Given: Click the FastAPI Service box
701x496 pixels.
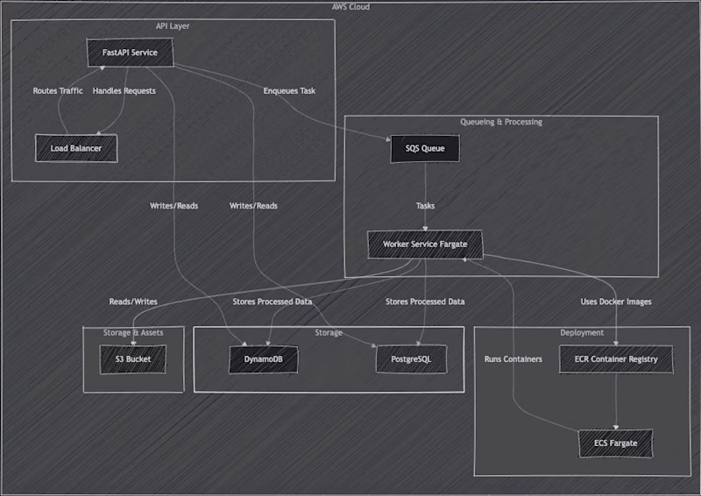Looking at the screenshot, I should [130, 53].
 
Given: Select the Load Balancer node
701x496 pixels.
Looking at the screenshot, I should [76, 148].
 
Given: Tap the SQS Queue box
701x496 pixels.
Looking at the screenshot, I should [425, 148].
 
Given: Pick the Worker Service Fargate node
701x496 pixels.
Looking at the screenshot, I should [425, 244].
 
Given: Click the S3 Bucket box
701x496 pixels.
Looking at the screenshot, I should [133, 358].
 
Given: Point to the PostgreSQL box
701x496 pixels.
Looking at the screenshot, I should [410, 358].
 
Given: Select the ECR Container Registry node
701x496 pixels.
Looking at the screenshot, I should [616, 358].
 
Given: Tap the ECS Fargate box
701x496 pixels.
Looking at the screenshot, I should [616, 443].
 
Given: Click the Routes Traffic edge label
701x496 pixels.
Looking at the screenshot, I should [58, 91].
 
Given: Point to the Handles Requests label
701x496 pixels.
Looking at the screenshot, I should [124, 91].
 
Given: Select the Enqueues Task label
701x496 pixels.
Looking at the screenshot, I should [289, 91].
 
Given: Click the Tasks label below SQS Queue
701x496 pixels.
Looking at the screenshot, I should [425, 206].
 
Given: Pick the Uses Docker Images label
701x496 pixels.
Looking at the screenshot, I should [616, 301].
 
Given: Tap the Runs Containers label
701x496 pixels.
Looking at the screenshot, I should [513, 358].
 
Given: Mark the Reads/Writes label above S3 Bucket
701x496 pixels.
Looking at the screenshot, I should [133, 301].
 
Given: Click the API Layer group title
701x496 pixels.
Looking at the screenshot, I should [173, 26].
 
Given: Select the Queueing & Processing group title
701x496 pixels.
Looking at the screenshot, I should [501, 122].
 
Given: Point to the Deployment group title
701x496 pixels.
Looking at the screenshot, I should [582, 333].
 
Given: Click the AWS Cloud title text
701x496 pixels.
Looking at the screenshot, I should [350, 7].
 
